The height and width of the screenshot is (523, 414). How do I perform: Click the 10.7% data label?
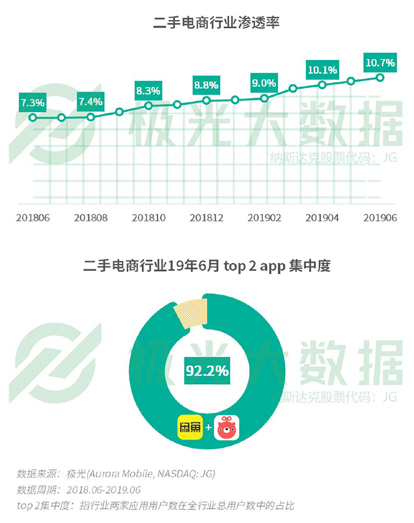coord(380,63)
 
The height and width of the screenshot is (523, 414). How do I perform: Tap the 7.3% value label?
coord(33,103)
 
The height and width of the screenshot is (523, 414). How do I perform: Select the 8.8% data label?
coord(206,85)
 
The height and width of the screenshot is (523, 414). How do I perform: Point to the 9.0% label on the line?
coord(264,83)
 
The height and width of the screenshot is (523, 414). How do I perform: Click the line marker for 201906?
coord(380,78)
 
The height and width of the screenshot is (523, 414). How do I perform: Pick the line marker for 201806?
coord(33,118)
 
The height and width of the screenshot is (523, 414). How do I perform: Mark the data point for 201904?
coord(322,85)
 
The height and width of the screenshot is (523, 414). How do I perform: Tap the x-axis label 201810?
coord(149,218)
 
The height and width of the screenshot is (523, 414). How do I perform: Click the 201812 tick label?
coord(206,218)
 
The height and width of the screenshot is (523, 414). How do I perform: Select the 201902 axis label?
coord(264,218)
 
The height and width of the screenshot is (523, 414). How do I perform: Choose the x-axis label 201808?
coord(91,218)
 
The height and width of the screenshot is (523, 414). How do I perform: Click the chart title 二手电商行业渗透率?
coord(216,23)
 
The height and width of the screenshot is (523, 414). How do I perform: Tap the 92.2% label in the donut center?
coord(207,371)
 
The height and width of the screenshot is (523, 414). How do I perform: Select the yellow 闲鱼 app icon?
coord(190,427)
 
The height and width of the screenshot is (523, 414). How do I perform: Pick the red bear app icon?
coord(227,428)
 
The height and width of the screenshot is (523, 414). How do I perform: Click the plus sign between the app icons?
coord(208,427)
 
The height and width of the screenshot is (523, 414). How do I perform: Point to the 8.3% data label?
coord(148,91)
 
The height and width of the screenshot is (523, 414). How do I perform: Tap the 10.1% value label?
coord(322,70)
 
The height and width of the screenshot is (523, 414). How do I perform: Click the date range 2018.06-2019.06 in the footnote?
coord(103,490)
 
